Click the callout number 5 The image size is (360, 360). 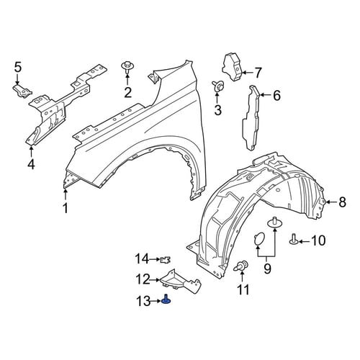point(18,68)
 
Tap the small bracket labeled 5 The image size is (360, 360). point(22,91)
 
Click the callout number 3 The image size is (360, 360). point(217,110)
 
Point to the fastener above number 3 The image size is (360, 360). point(218,86)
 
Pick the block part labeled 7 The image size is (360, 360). point(233,68)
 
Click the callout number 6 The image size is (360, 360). point(276,96)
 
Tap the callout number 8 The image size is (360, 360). point(343,202)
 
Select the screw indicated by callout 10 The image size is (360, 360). point(294,240)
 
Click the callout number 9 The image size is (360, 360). point(267,269)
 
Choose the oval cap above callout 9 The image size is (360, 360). point(258,238)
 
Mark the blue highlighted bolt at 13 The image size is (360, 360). point(166,300)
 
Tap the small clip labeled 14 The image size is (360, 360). point(165,260)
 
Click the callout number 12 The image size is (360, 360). point(143,280)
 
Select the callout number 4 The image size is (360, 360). point(31,164)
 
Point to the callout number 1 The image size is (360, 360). point(66,208)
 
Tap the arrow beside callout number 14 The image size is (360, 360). point(155,259)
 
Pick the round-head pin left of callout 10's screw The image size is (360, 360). point(274,222)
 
